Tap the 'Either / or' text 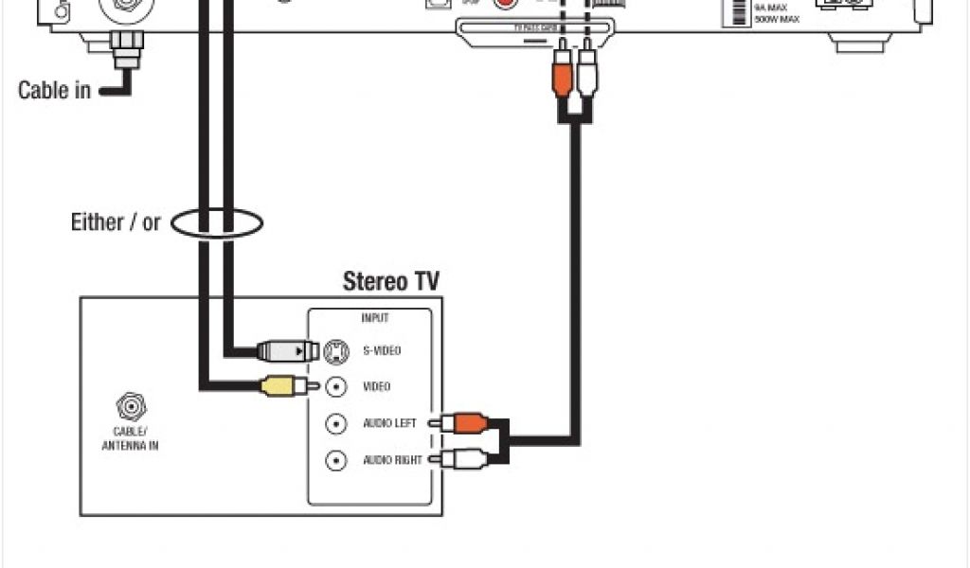(x=117, y=223)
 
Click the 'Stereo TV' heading (x=390, y=281)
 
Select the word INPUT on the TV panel (x=375, y=318)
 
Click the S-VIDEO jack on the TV (x=335, y=351)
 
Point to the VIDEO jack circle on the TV (x=335, y=387)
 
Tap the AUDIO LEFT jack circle (x=335, y=423)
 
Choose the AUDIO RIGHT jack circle (x=335, y=460)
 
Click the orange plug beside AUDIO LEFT (x=464, y=423)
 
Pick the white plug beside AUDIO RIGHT (x=464, y=460)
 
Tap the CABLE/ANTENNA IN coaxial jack (x=130, y=407)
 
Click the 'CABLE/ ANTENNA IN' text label (x=130, y=438)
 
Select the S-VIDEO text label (x=382, y=351)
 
